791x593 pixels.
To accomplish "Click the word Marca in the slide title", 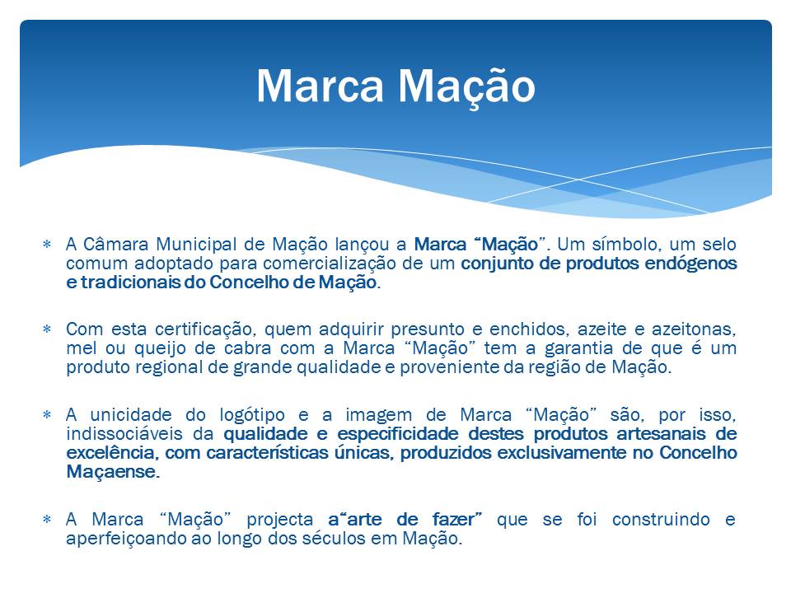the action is tap(321, 86).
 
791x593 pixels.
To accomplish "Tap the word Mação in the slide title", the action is tap(466, 86).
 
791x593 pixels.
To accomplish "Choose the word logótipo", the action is tap(252, 415).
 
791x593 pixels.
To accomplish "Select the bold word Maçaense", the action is tap(113, 472).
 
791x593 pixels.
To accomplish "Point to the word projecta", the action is tap(280, 520).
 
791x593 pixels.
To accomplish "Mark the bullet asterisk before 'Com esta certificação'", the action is tap(47, 329).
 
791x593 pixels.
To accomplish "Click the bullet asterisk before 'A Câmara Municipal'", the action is tap(47, 245).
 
